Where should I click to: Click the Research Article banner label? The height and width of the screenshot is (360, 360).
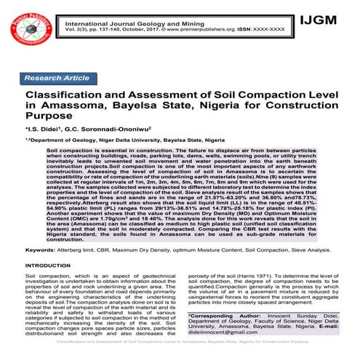(57, 78)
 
